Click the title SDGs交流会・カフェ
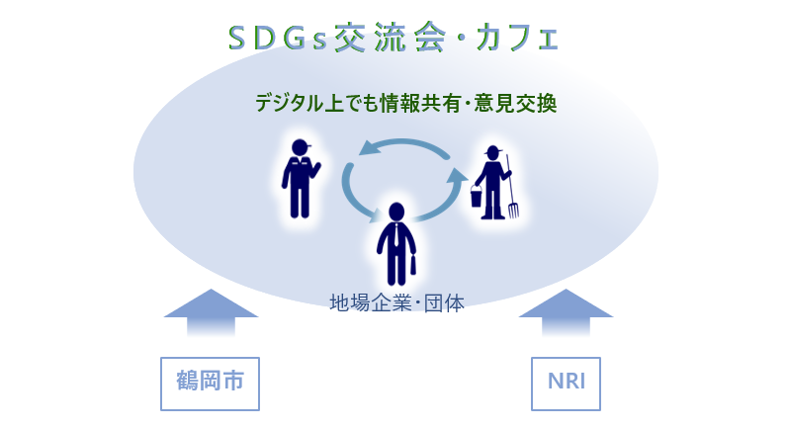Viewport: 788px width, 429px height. coord(393,38)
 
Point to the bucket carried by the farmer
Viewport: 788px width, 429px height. coord(476,198)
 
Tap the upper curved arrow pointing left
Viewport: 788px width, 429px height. coord(405,146)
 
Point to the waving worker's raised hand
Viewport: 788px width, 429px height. coord(317,162)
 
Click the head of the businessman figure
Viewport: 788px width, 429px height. coord(396,212)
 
